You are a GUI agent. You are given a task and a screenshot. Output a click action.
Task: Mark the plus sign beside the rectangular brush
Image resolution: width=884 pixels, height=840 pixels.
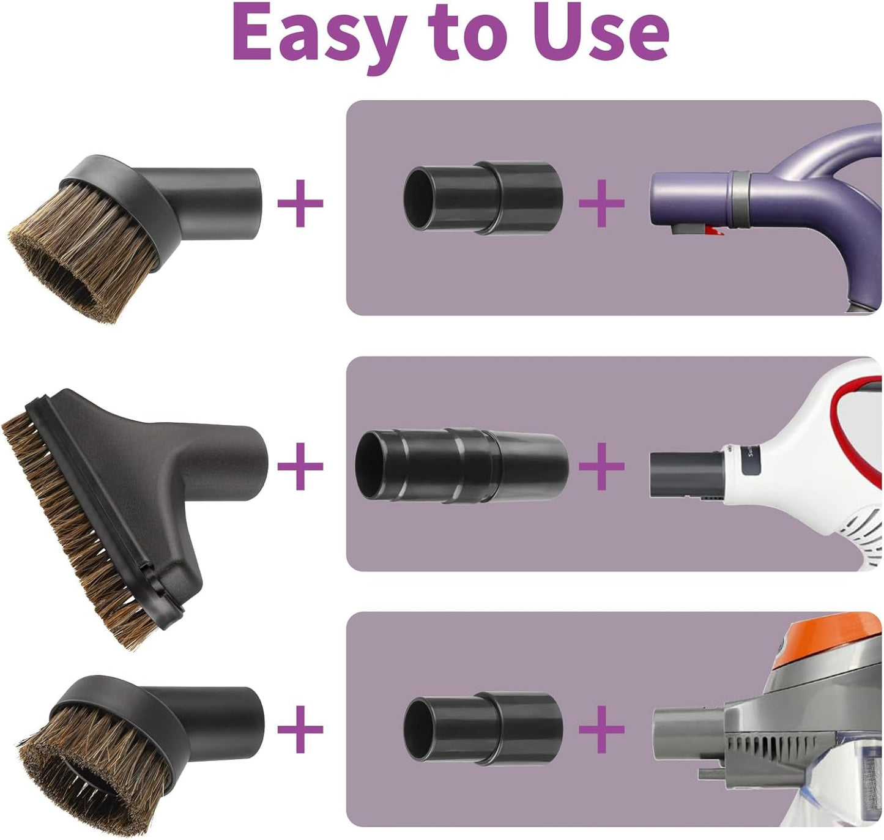300,466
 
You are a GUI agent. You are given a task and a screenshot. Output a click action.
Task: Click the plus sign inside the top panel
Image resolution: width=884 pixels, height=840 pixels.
601,203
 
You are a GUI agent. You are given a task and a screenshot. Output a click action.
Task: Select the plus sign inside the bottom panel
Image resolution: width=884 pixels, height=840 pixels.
601,729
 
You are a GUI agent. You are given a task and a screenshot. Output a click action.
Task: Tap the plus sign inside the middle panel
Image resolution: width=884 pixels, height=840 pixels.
601,466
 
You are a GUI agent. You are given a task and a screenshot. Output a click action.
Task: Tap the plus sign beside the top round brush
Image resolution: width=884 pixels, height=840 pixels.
300,203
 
